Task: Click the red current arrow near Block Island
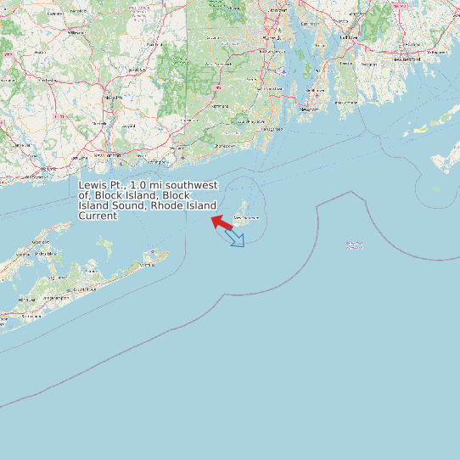[222, 223]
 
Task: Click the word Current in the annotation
[98, 216]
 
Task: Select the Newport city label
[309, 109]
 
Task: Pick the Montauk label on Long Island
[149, 265]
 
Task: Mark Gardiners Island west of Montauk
[105, 246]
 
